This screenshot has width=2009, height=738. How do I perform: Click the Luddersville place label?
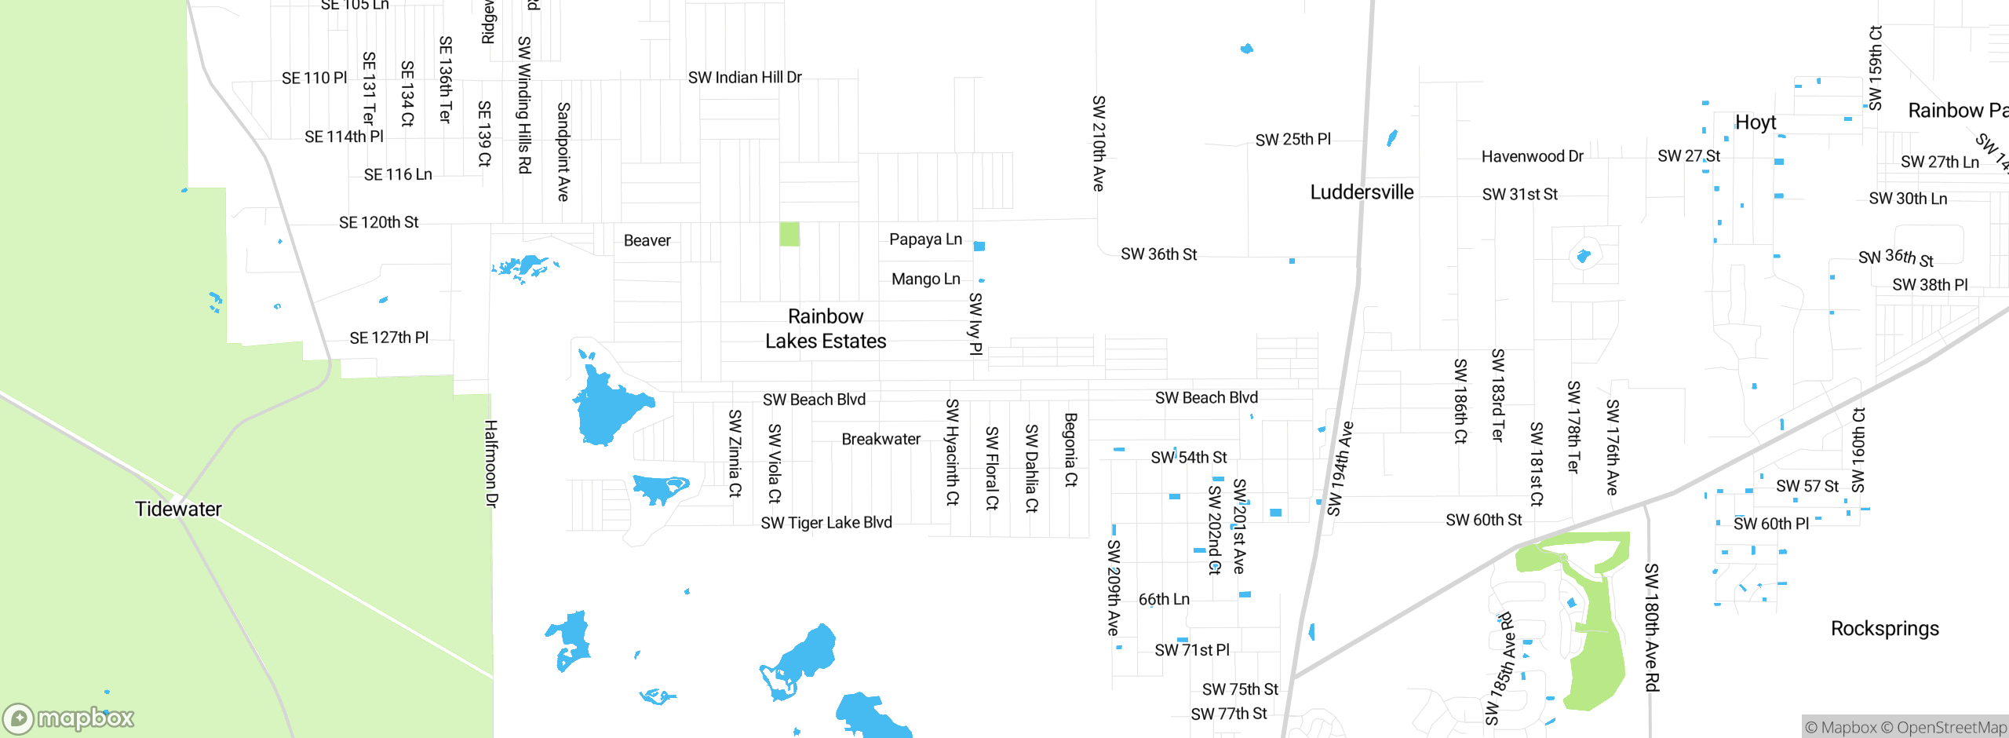coord(1362,192)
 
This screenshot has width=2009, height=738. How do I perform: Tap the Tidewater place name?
coord(178,509)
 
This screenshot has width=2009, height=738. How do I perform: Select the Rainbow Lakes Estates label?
coord(826,329)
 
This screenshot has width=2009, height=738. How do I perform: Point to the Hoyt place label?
coord(1756,122)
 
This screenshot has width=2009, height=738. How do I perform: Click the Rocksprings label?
coord(1884,629)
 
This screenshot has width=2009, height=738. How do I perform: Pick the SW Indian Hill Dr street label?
coord(745,78)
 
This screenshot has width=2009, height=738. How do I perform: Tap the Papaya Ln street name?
coord(925,239)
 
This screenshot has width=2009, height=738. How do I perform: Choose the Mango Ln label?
coord(925,279)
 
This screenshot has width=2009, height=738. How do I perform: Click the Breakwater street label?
coord(881,440)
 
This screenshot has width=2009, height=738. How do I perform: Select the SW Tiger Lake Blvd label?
coord(826,523)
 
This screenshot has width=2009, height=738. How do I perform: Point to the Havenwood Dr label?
coord(1532,156)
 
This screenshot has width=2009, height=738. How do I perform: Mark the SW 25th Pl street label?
coord(1293,140)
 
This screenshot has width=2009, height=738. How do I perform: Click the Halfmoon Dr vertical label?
coord(491,463)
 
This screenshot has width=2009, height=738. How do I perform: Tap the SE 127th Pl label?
coord(388,338)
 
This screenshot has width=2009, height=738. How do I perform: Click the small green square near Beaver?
coord(789,234)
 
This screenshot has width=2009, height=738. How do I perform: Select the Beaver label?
coord(647,241)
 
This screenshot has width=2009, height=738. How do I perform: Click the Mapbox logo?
coord(69,718)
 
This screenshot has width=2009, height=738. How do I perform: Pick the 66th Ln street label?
coord(1164,600)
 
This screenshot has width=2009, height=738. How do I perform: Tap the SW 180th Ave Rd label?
coord(1652,627)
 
